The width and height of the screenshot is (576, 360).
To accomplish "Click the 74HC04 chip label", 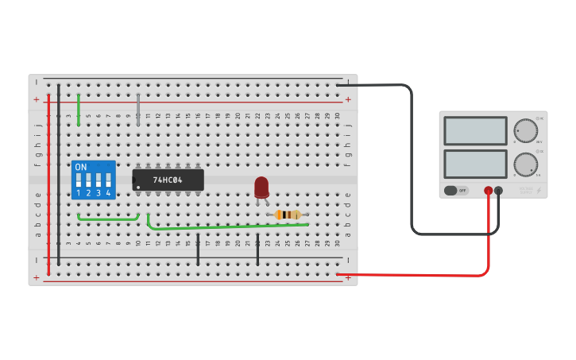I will [168, 180].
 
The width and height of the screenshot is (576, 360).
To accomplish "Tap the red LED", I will [261, 187].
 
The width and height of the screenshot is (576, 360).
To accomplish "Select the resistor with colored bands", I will [288, 215].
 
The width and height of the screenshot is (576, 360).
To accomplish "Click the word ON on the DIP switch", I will [80, 168].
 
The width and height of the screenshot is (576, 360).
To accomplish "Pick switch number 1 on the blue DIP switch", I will [79, 180].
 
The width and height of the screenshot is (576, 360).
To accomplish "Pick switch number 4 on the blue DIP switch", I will [108, 180].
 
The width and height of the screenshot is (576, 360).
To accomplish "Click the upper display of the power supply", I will [475, 130].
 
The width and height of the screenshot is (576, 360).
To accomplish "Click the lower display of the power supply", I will [475, 164].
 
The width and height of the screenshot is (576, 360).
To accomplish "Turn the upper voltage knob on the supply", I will [525, 130].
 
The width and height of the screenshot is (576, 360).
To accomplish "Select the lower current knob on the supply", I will [525, 165].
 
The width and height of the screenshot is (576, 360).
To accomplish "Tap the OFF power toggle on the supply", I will [455, 191].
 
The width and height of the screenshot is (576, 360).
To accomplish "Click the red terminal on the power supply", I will [488, 191].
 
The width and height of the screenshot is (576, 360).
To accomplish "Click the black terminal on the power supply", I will [499, 191].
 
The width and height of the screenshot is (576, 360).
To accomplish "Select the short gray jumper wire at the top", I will [138, 109].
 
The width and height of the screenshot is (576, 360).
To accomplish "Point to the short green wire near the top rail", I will [79, 110].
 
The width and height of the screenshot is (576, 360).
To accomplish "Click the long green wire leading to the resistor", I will [230, 226].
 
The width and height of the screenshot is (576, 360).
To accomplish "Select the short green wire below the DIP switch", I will [107, 219].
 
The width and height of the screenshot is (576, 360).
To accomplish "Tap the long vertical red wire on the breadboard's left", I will [48, 183].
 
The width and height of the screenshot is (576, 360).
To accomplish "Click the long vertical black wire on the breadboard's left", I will [59, 175].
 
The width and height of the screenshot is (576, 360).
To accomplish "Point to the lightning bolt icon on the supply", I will [539, 191].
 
